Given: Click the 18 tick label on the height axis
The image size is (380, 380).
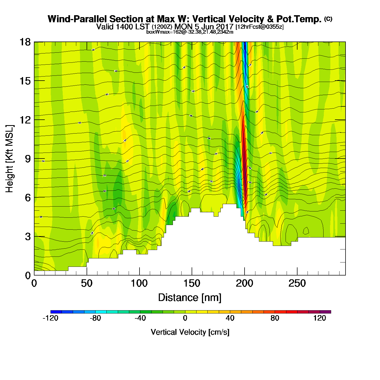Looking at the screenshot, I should pyautogui.click(x=25, y=42).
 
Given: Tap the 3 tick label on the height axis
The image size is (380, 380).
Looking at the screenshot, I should pyautogui.click(x=28, y=236).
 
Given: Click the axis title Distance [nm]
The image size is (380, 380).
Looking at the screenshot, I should pyautogui.click(x=190, y=298).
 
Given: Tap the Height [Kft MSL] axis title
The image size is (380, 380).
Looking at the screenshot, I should pyautogui.click(x=9, y=159).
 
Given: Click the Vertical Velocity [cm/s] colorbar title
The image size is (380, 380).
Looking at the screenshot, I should pyautogui.click(x=190, y=332).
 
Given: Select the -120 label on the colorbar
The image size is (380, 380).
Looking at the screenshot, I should pyautogui.click(x=50, y=318).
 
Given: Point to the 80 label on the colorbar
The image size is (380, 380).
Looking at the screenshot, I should pyautogui.click(x=275, y=318).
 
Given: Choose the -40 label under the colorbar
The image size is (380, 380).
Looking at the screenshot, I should pyautogui.click(x=140, y=318).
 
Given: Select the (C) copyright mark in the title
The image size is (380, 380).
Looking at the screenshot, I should pyautogui.click(x=328, y=19).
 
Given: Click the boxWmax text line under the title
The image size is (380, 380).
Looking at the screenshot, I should pyautogui.click(x=190, y=32).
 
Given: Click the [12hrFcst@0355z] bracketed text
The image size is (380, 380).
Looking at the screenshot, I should pyautogui.click(x=259, y=27).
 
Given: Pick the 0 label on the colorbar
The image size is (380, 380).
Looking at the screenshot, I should pyautogui.click(x=185, y=318).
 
